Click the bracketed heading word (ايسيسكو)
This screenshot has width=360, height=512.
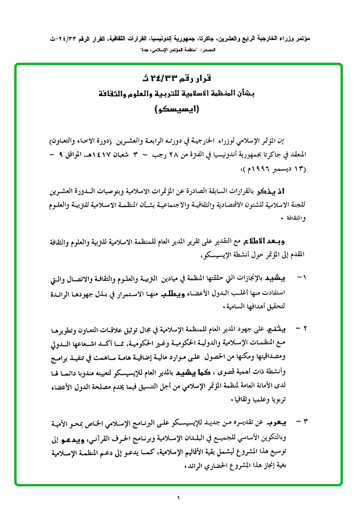pyautogui.click(x=179, y=109)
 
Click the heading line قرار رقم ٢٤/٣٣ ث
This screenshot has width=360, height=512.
pyautogui.click(x=179, y=78)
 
